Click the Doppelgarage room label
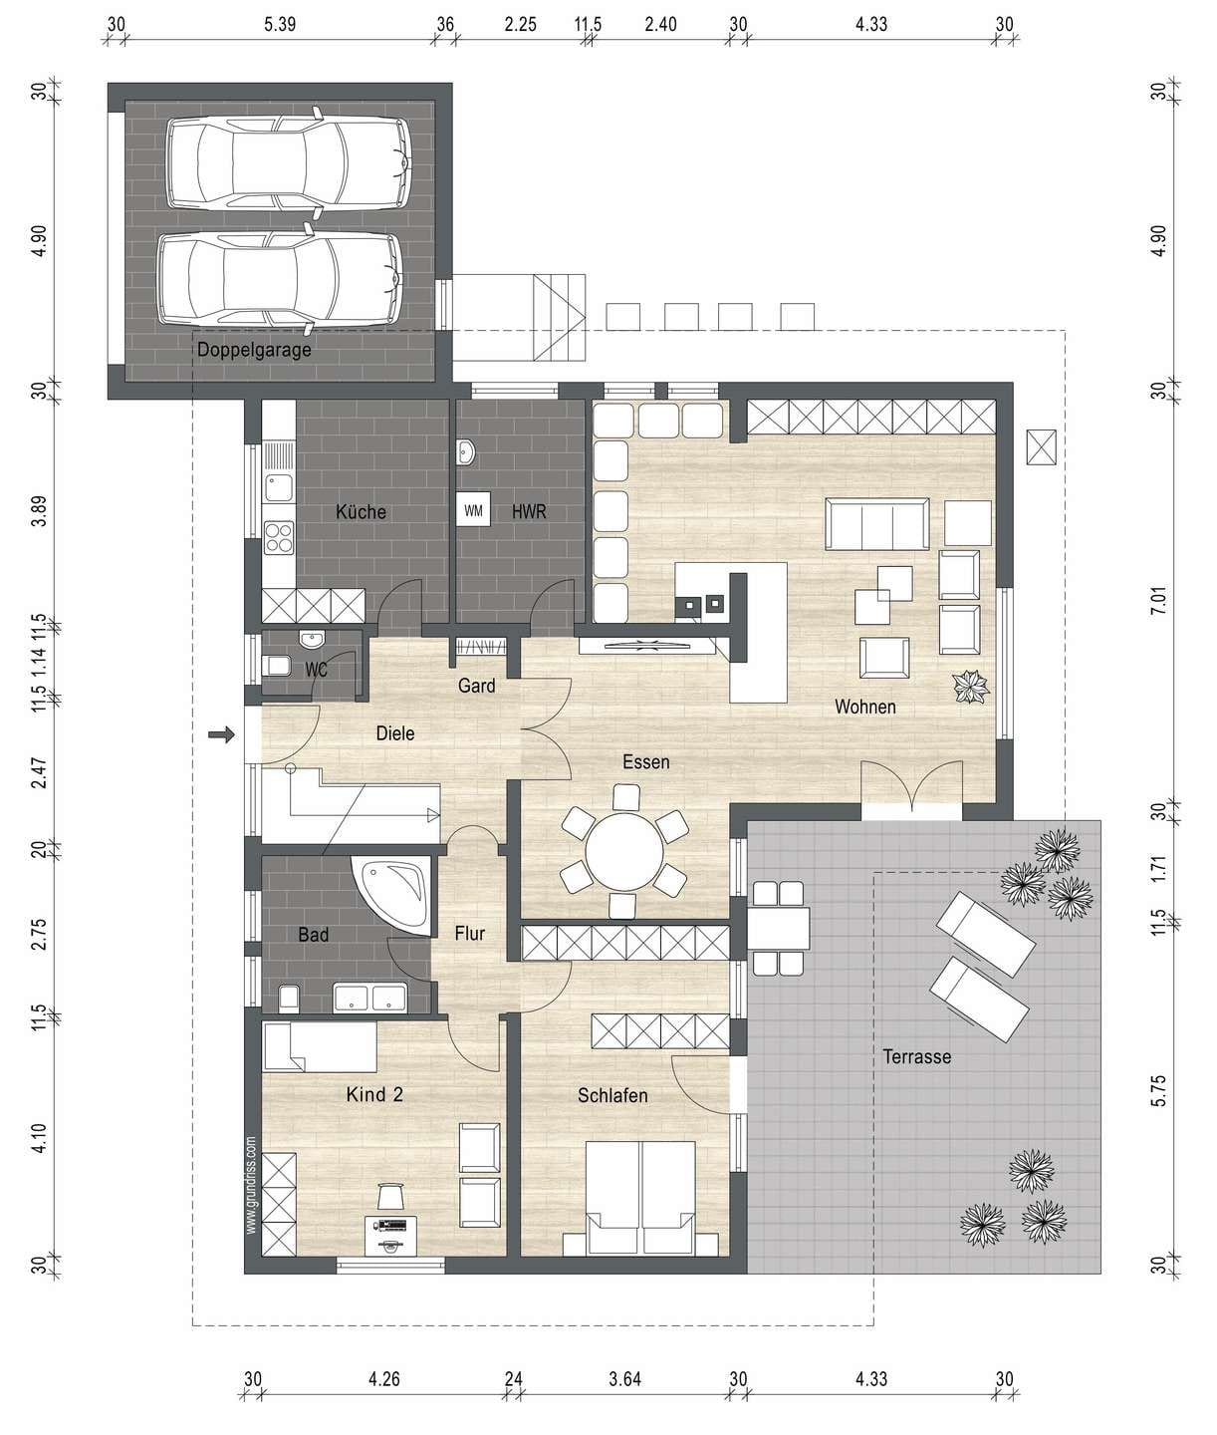click(x=254, y=349)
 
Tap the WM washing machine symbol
click(x=473, y=511)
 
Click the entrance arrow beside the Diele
click(x=222, y=733)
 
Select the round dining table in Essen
click(x=625, y=851)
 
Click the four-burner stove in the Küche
click(x=279, y=538)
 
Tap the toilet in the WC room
click(x=277, y=667)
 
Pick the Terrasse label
click(x=916, y=1056)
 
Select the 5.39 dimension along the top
click(x=280, y=24)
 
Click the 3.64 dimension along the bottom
click(x=624, y=1378)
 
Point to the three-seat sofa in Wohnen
click(x=877, y=524)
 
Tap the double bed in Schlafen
click(x=639, y=1198)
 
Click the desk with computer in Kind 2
click(x=391, y=1235)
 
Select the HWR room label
click(x=529, y=511)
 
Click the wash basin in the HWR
click(x=466, y=452)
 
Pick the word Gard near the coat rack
click(x=477, y=686)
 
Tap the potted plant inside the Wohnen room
click(x=970, y=688)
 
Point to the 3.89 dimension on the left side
click(x=40, y=510)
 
